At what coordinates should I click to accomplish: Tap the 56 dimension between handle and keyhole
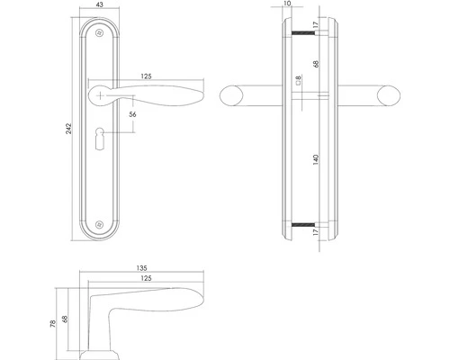tap(132, 114)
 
